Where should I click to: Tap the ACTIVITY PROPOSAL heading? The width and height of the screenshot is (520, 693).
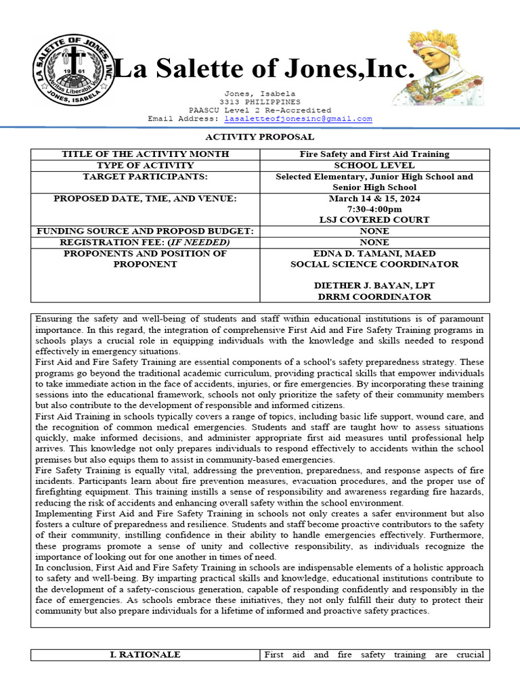click(x=259, y=137)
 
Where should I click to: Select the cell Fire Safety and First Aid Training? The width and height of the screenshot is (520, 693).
click(x=374, y=154)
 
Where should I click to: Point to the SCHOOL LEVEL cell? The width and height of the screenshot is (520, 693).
click(x=374, y=165)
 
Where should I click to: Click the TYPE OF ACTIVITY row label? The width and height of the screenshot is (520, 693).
click(x=145, y=165)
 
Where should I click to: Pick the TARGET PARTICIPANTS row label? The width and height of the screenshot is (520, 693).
click(x=145, y=177)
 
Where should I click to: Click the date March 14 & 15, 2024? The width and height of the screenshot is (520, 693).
click(x=374, y=198)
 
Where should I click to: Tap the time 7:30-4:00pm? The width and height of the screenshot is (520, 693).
click(x=374, y=209)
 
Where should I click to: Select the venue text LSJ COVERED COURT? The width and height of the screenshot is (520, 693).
click(x=374, y=220)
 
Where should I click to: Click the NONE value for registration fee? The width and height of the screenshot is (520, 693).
click(x=374, y=242)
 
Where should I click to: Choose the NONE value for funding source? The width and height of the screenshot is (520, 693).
click(x=374, y=231)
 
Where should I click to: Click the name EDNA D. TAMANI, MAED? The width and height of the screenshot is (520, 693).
click(x=374, y=253)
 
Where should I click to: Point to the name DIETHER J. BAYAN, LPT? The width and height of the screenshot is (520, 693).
click(x=374, y=286)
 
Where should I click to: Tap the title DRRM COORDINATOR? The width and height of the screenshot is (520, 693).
click(x=374, y=296)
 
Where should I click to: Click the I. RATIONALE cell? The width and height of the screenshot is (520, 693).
click(x=145, y=654)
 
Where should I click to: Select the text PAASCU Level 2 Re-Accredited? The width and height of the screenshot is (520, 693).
click(x=260, y=110)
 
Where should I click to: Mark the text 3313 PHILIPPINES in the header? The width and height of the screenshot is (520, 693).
click(x=260, y=102)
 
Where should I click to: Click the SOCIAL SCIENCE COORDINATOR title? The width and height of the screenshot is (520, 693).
click(x=374, y=264)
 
